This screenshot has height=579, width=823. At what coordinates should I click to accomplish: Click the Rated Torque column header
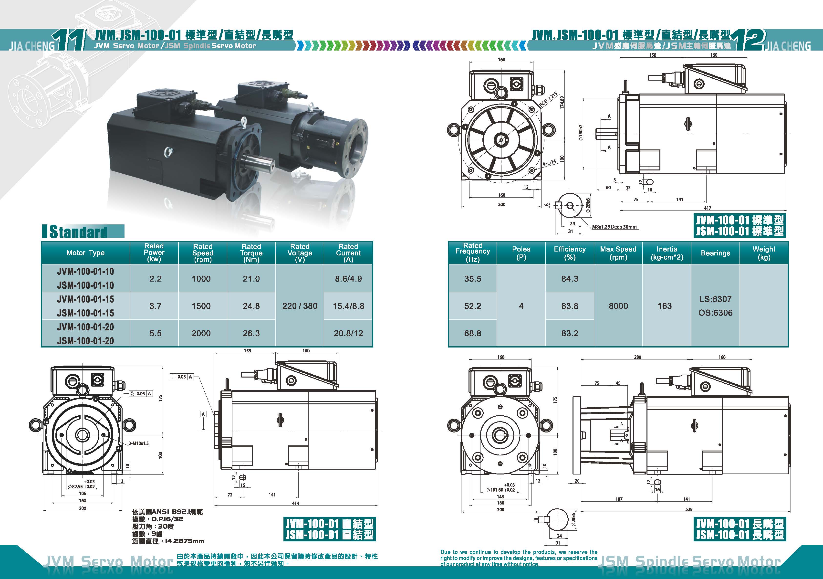click(251, 253)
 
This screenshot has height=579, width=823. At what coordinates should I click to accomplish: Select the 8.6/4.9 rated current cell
click(348, 279)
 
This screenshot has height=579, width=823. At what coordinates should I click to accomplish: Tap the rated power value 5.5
click(156, 333)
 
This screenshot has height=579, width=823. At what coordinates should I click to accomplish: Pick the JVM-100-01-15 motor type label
click(85, 299)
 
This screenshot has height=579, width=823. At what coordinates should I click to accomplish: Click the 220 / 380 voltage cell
click(300, 306)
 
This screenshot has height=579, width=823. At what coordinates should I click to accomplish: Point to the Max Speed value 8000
click(618, 306)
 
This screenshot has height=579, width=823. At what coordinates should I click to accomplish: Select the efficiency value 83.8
click(570, 306)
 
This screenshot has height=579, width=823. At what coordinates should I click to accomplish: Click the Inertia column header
click(667, 253)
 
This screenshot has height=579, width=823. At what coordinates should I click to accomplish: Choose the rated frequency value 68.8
click(472, 333)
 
